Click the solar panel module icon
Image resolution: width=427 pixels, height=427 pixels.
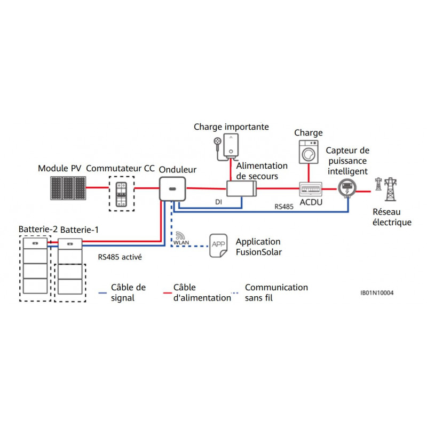(68, 188)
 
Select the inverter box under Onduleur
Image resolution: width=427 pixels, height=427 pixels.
(170, 189)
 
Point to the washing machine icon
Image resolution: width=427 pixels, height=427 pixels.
(309, 153)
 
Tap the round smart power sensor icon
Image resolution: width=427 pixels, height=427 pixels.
(347, 188)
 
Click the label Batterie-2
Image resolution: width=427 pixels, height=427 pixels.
(38, 230)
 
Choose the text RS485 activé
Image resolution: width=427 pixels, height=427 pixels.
(120, 256)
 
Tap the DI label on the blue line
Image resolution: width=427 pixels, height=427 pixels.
(218, 203)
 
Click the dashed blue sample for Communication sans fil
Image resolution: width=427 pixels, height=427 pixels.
(237, 293)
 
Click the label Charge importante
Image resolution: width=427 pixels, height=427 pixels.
(231, 127)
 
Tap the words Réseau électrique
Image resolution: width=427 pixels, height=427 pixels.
(392, 217)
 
